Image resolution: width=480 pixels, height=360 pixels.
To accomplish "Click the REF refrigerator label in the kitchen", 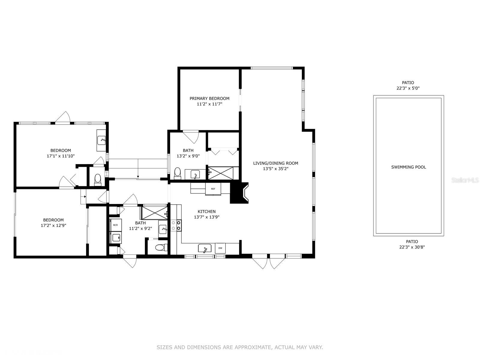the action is [x=213, y=189].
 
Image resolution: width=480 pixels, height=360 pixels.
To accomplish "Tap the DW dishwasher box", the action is [x=220, y=248].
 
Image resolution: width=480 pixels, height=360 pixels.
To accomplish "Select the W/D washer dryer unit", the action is [x=115, y=225].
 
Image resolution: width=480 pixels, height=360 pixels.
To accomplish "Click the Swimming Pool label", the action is [x=408, y=167].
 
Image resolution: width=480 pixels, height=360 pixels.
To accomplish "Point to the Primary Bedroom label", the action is [x=209, y=99].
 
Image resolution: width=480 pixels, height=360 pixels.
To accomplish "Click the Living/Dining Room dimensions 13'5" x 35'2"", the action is [x=275, y=169].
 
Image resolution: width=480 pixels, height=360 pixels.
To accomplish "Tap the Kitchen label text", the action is [x=206, y=211].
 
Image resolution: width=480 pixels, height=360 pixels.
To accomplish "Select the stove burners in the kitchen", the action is [x=176, y=225].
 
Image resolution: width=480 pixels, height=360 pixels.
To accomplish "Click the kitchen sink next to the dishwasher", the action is [x=205, y=248].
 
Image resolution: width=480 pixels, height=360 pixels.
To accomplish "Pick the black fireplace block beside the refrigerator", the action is [x=239, y=193].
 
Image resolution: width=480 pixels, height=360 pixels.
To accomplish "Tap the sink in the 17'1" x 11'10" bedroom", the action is [x=101, y=140].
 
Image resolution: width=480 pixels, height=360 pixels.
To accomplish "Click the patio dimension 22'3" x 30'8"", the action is [x=412, y=247].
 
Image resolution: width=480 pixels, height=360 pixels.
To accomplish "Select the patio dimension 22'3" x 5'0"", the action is [x=408, y=88].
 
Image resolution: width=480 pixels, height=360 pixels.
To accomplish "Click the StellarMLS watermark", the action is [x=465, y=180].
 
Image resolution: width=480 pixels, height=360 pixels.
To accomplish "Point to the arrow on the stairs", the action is [x=138, y=168].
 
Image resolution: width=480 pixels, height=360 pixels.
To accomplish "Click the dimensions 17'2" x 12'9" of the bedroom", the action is [x=53, y=225].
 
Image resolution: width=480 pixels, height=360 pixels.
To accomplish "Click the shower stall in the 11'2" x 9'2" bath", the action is [x=154, y=213].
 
